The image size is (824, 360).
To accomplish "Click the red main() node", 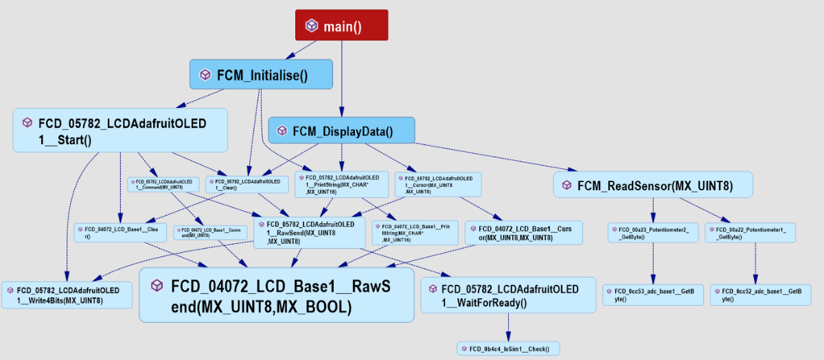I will [341, 25].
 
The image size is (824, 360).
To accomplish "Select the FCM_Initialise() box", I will [261, 74].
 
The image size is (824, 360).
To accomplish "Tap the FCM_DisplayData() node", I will [341, 131].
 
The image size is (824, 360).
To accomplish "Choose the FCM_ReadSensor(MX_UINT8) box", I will [652, 185].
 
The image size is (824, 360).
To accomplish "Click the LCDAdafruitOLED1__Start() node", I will [120, 130].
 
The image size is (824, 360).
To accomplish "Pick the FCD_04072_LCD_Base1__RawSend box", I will [276, 295].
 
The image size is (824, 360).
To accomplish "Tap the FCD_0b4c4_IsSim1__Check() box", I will [508, 348].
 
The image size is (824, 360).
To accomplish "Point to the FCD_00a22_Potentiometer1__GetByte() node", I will [750, 232].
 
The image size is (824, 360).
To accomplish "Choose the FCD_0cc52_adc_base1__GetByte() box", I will [759, 295].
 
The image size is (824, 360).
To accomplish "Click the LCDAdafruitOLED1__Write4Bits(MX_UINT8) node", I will [67, 294].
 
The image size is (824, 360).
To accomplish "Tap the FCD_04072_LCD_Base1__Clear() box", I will [120, 232].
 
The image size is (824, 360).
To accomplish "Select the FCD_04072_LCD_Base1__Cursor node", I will [523, 232].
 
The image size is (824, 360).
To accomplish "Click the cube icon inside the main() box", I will [312, 25].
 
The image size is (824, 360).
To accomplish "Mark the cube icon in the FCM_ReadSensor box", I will [566, 185].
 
